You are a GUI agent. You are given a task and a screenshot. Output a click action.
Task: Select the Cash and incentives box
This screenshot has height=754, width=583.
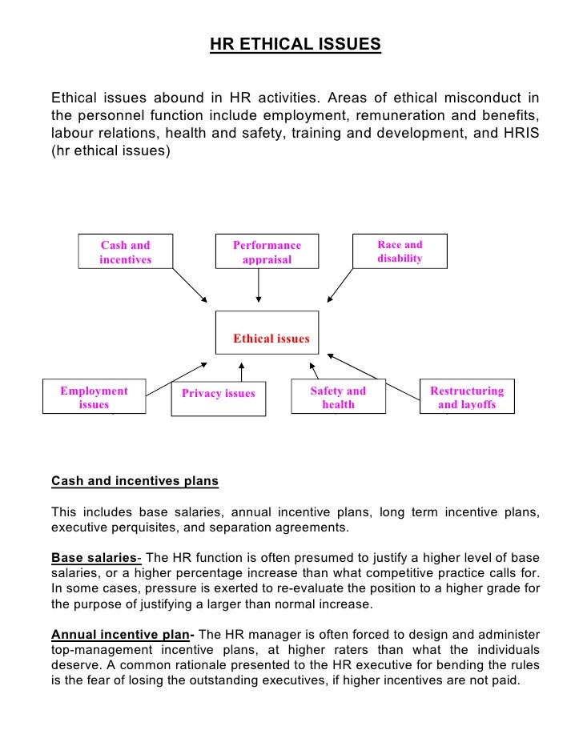(125, 252)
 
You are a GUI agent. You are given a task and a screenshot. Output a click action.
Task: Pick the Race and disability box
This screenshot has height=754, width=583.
(400, 251)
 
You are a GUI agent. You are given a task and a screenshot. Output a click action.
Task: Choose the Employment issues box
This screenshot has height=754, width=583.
(94, 397)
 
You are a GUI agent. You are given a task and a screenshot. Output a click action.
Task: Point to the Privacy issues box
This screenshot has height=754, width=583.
(218, 394)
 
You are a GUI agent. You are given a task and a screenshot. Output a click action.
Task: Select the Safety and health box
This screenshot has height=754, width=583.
(337, 397)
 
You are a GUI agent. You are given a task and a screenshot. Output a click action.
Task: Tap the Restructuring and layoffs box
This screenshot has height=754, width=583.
(467, 397)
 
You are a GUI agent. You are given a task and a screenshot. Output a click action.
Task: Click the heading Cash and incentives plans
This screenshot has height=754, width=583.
(135, 483)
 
